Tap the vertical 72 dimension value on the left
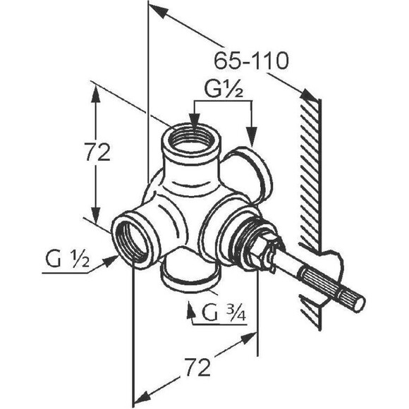point(97,152)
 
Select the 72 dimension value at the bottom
point(197,367)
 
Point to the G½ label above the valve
point(224,90)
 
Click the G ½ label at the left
point(67,260)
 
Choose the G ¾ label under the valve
point(224,313)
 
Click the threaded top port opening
point(192,140)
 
